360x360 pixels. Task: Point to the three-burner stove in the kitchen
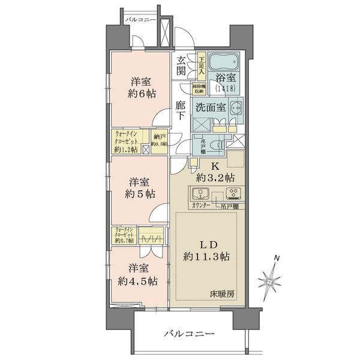(x=232, y=194)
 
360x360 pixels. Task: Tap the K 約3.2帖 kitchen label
(x=212, y=172)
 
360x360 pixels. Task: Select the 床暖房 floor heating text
(x=222, y=294)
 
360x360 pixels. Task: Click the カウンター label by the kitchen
(x=200, y=206)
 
